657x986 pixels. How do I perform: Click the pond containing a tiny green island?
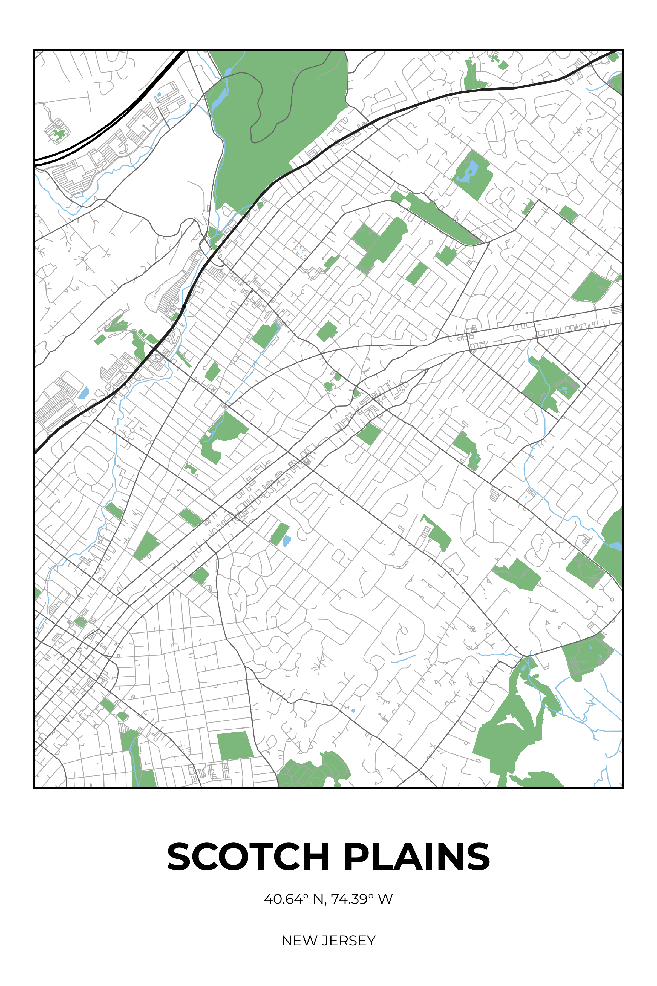[468, 172]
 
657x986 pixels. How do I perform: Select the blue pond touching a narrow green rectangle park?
[287, 541]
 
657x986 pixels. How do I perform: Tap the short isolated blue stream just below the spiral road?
[403, 659]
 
